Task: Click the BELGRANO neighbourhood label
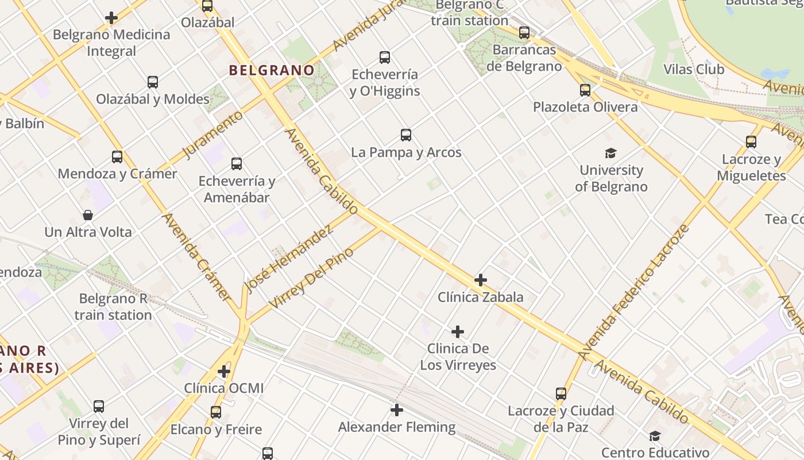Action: pos(272,71)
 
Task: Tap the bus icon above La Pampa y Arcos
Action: pos(406,136)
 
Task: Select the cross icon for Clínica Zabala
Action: pos(481,280)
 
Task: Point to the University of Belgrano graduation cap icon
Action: pos(610,153)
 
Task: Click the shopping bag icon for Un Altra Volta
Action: pos(88,216)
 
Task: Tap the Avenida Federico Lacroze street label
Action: pos(635,292)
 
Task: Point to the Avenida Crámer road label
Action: pos(196,257)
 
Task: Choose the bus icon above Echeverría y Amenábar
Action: pos(237,164)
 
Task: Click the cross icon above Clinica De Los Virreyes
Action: pos(458,332)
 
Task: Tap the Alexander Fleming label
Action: pos(397,427)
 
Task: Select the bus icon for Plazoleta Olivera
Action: pos(585,90)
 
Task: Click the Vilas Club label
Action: pos(694,70)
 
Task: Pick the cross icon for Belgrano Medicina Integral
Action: pos(111,18)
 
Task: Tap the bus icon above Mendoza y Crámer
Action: pos(117,157)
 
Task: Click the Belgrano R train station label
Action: pos(113,306)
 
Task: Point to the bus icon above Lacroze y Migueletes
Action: pos(751,142)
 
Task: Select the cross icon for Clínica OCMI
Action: pos(224,371)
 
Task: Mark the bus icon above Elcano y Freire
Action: pos(216,412)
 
